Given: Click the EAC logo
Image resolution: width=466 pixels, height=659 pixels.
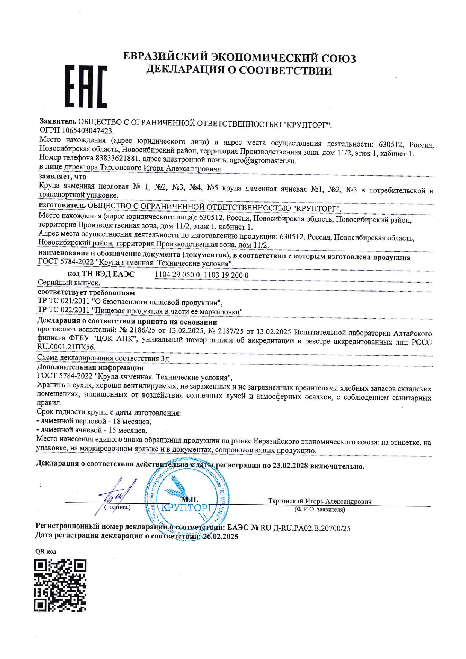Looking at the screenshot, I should (86, 86).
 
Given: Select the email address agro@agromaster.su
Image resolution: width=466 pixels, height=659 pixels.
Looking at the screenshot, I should (263, 161).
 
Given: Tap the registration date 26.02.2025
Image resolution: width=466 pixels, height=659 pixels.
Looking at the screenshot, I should (221, 537).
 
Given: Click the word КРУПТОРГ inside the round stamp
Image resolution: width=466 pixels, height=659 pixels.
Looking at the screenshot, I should (187, 508).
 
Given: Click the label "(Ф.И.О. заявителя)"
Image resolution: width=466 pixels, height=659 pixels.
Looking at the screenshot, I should (319, 510).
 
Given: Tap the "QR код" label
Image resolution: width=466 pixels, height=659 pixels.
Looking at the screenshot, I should (45, 552).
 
